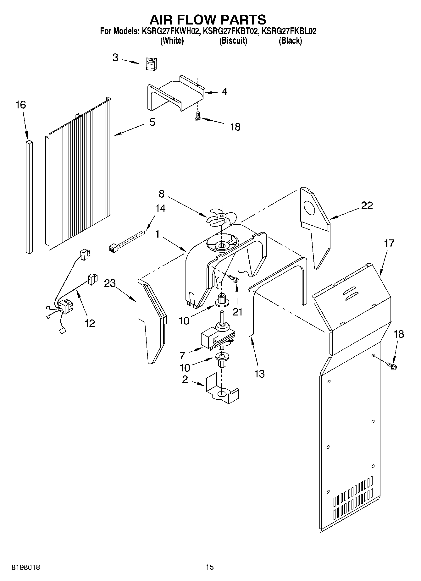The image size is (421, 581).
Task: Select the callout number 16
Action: click(x=20, y=105)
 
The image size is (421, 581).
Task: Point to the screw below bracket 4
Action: click(x=197, y=116)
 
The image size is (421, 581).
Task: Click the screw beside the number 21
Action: click(x=233, y=278)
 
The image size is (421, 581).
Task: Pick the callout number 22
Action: click(x=367, y=206)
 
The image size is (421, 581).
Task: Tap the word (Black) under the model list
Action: click(x=290, y=41)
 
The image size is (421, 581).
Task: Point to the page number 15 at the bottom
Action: click(x=210, y=567)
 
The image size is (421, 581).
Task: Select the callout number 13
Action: click(x=259, y=374)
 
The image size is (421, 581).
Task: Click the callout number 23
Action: click(x=110, y=283)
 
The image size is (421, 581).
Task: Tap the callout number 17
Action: click(x=389, y=243)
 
